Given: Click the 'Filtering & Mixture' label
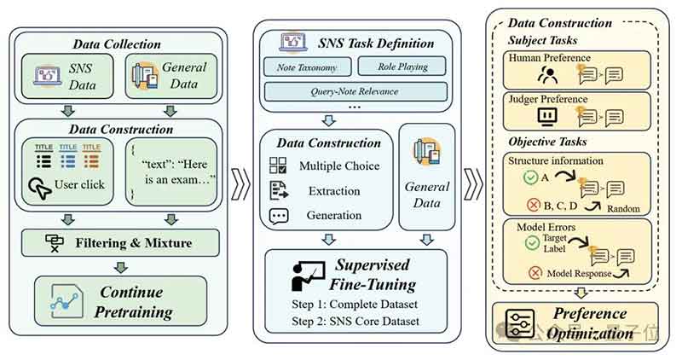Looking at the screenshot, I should (129, 242).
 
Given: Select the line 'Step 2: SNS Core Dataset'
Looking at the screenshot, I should (357, 321).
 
